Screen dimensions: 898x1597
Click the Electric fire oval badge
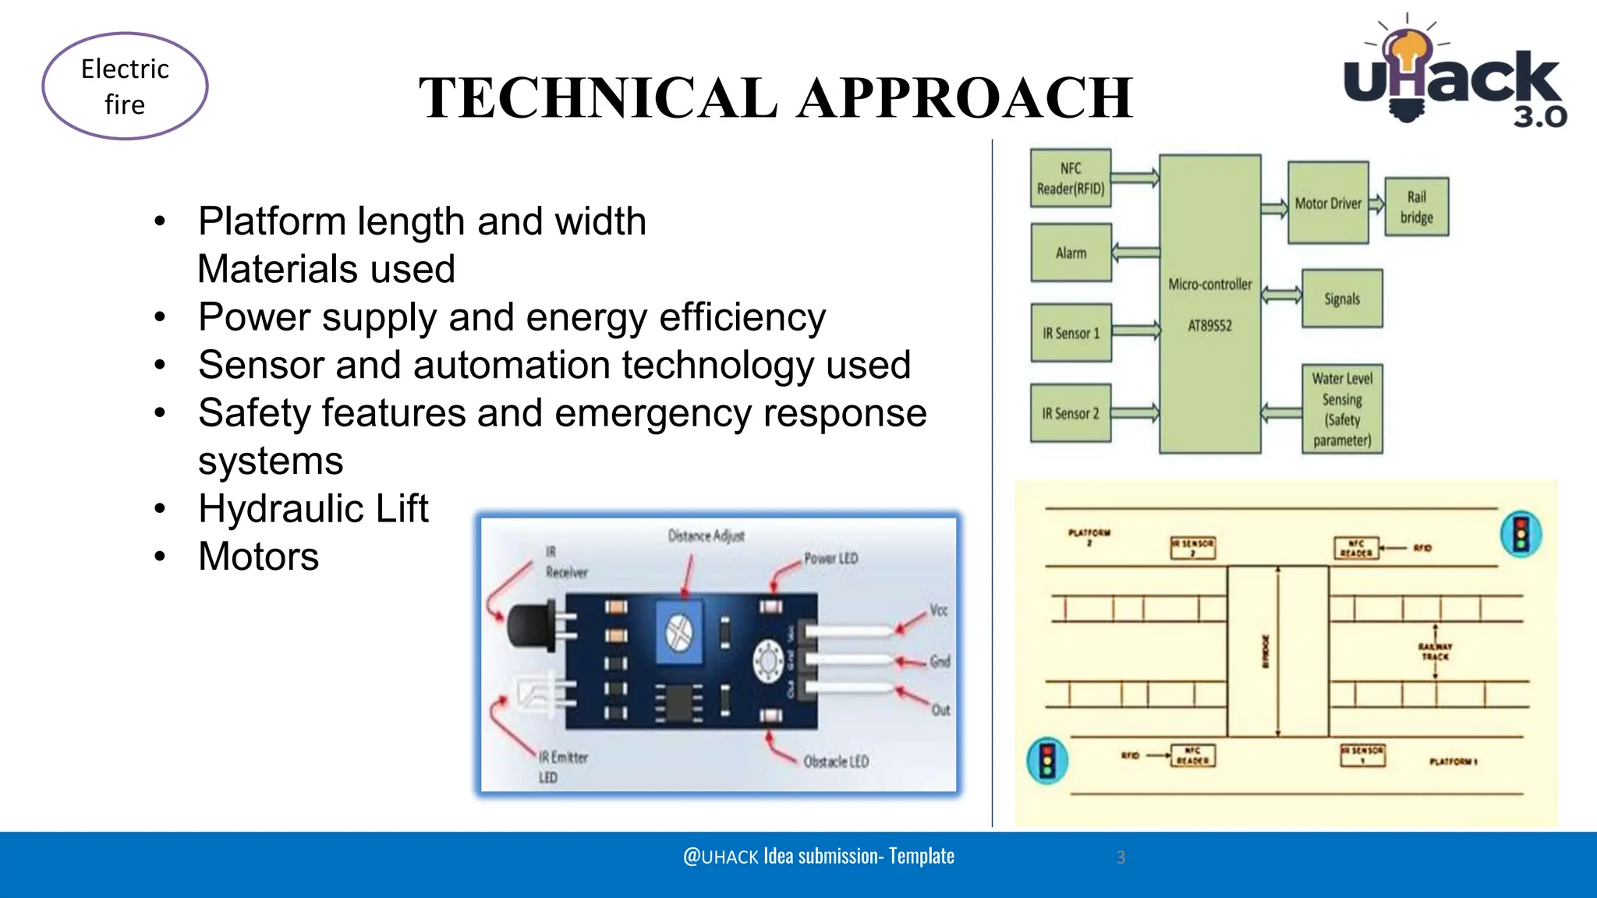click(x=125, y=86)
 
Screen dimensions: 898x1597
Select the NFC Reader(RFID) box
click(x=1071, y=179)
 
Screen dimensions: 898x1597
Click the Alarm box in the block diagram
click(x=1071, y=253)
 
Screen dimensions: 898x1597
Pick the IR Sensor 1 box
click(x=1071, y=333)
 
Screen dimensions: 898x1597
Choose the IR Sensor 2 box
click(x=1071, y=414)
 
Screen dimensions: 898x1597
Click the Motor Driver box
click(x=1328, y=203)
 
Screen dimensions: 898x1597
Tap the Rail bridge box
click(x=1417, y=207)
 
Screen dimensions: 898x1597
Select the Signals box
click(x=1342, y=299)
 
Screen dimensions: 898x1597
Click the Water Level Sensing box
click(x=1342, y=409)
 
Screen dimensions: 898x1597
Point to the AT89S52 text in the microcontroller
click(x=1209, y=326)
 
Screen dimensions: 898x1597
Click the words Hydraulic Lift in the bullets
click(x=313, y=509)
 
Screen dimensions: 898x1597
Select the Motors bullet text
click(x=259, y=557)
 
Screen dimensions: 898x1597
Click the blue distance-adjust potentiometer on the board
click(x=679, y=633)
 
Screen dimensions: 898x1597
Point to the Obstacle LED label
click(x=836, y=761)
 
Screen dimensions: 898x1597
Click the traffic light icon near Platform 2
click(x=1521, y=535)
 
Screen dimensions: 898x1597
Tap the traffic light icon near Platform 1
click(x=1047, y=761)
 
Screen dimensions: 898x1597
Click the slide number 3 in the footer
click(x=1121, y=857)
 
